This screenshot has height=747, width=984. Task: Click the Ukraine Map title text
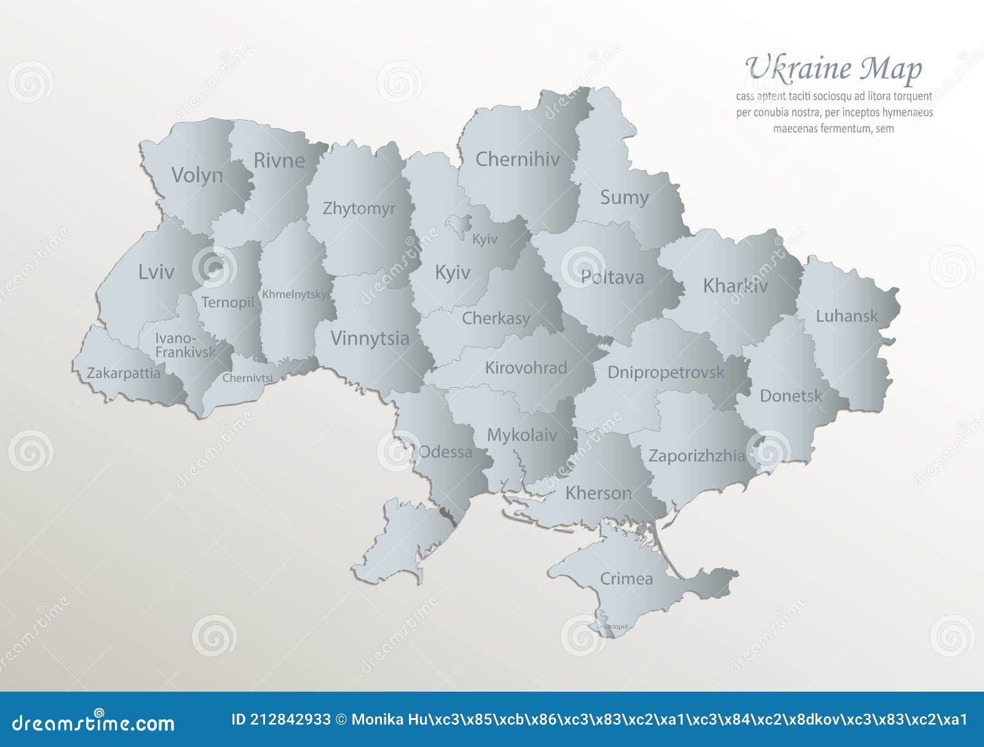coord(833,69)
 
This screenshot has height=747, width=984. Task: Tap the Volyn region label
coord(197,175)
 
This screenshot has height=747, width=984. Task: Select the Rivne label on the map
coord(279,160)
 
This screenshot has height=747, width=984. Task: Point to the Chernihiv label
coord(517,159)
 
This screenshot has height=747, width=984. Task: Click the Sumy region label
coord(624,197)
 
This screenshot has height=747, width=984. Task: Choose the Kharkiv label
coord(735,286)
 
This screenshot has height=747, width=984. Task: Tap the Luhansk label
coord(847,316)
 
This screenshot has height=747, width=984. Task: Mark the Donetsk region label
coord(790,395)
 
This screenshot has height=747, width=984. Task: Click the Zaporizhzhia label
coord(696,456)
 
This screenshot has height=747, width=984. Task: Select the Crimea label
coord(626,579)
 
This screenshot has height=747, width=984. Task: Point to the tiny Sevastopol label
coord(612,626)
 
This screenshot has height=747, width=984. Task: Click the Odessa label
coord(445,452)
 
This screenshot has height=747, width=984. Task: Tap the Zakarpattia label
coord(123,373)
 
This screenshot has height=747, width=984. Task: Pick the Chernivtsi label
coord(247,377)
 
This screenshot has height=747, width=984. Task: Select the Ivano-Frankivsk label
coord(184,345)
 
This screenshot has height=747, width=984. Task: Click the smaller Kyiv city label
coord(485,239)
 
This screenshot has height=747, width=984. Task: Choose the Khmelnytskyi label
coord(295,294)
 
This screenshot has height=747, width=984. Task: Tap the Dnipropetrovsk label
coord(665,372)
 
